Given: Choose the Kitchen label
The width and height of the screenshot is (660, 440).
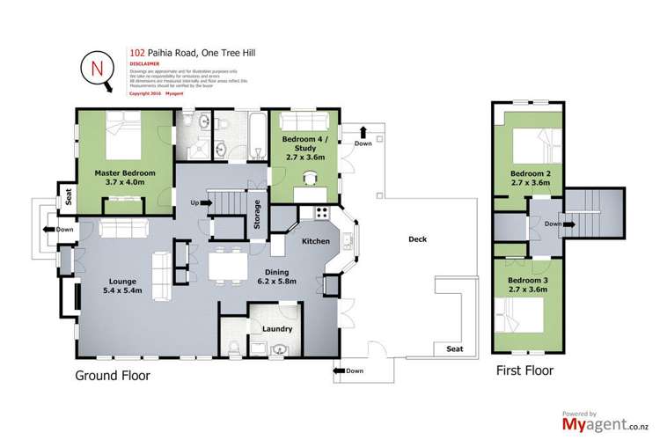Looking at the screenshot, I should point(315,240).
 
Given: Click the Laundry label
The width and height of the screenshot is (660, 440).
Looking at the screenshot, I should point(277,330).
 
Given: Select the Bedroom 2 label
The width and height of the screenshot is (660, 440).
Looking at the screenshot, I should point(531,180).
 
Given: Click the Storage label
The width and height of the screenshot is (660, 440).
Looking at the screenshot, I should point(257,216).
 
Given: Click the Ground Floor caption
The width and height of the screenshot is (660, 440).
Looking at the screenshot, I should point(113,375).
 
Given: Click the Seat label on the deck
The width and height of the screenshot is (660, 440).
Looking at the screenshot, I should point(454,348).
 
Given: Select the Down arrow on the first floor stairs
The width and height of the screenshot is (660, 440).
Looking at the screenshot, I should point(555,224).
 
